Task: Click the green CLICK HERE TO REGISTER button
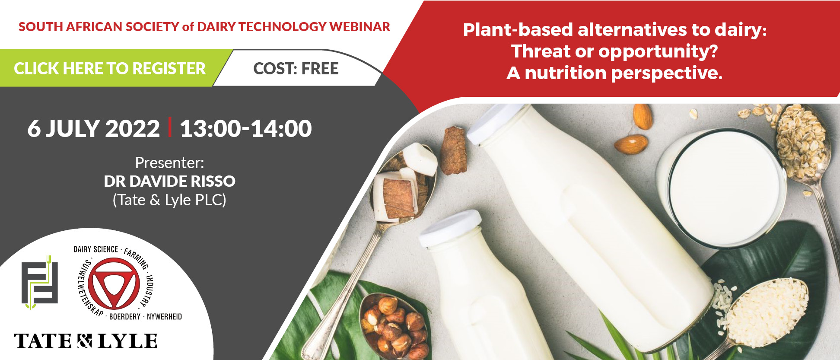pos(110,68)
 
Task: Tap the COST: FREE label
pos(296,69)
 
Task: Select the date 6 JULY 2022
pos(93,128)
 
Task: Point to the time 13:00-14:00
pos(245,128)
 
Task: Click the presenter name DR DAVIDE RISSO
pos(169,181)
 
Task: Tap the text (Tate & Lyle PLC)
pos(169,200)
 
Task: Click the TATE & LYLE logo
pos(86,341)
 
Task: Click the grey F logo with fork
pos(40,283)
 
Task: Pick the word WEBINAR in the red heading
pos(360,27)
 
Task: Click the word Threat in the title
pos(541,51)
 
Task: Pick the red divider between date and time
pos(170,127)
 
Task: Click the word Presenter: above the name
pos(169,163)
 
